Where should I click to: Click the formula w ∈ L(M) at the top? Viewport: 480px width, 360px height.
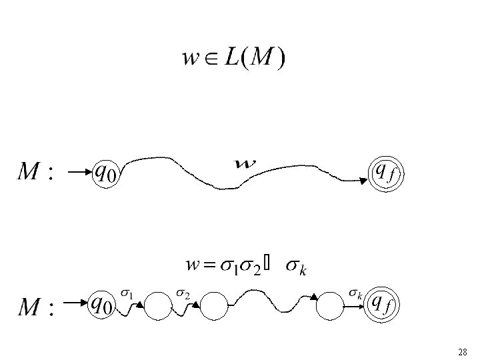(234, 59)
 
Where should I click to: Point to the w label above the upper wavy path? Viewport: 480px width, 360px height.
(246, 162)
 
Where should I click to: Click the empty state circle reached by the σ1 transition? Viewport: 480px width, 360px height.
(158, 307)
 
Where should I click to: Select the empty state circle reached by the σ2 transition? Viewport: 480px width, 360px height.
(215, 307)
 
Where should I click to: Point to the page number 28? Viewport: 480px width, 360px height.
(463, 351)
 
